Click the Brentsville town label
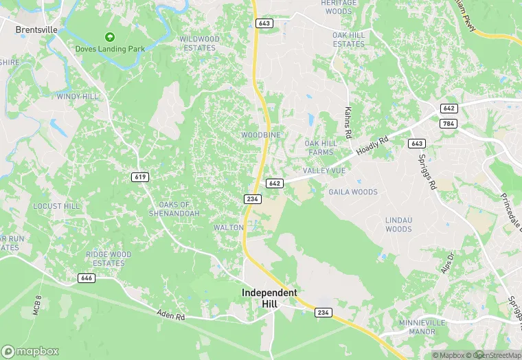(36, 30)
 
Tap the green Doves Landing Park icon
(109, 37)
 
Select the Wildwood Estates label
(200, 43)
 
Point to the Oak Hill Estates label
(349, 39)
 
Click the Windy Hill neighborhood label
(77, 97)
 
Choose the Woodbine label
(260, 135)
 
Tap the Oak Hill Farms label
(319, 147)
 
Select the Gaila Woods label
(353, 192)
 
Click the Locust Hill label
(56, 206)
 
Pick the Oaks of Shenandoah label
(174, 209)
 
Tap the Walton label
(229, 227)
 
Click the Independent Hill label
(270, 297)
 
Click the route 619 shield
(140, 177)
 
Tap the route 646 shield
(87, 278)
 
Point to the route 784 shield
(449, 124)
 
